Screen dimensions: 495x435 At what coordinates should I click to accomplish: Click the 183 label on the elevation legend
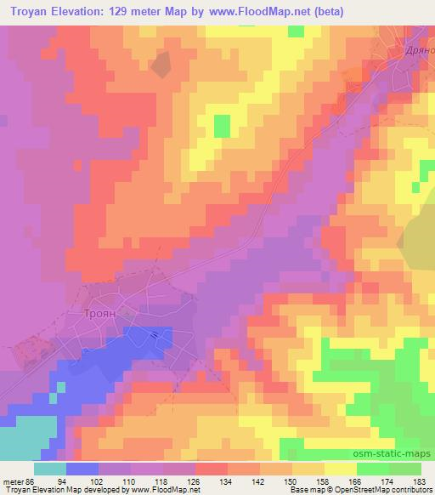click(x=420, y=481)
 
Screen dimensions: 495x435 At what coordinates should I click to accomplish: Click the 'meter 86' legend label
click(x=19, y=481)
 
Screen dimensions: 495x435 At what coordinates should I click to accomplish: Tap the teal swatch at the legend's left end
click(x=49, y=469)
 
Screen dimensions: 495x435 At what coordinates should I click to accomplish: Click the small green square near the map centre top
click(x=222, y=126)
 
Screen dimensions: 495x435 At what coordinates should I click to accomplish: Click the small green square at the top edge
click(x=296, y=31)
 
